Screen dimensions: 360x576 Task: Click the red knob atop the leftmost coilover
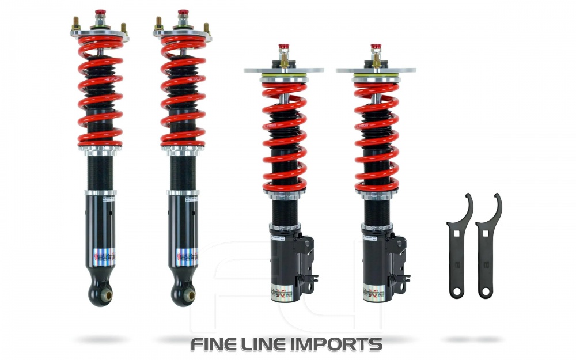point(100,13)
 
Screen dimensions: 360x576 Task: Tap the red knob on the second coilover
point(183,13)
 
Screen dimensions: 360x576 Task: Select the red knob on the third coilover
point(283,47)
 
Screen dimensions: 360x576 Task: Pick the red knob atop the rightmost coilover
point(376,47)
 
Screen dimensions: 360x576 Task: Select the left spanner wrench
point(459,248)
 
